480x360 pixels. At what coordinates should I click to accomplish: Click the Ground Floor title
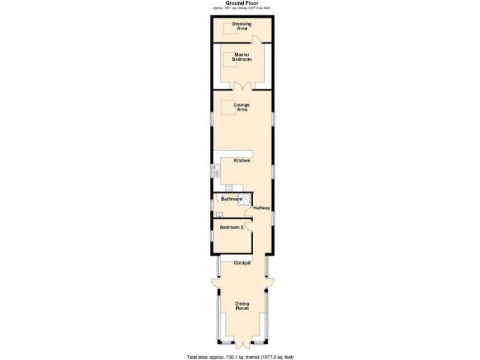241,3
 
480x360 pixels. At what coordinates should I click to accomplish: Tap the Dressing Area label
242,26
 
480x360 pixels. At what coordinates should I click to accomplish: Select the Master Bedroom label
242,57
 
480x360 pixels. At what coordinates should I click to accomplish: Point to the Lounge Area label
241,107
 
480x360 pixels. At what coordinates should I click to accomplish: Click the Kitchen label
242,161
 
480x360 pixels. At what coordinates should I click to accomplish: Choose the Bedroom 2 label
231,227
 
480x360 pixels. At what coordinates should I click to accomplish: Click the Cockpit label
242,263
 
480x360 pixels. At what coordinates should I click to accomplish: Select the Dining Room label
242,306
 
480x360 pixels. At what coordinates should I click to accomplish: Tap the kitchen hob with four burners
229,187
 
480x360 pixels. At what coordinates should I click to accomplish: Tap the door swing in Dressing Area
256,39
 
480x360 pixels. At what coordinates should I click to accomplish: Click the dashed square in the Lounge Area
227,106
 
